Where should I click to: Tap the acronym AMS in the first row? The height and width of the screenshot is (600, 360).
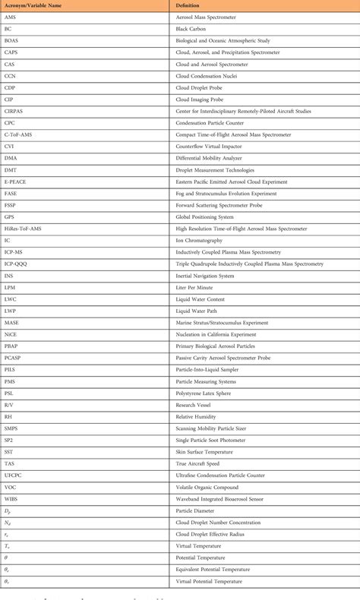tap(10, 17)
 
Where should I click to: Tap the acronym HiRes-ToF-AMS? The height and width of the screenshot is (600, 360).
tap(23, 229)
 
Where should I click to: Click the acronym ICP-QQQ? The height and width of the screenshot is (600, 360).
tap(16, 264)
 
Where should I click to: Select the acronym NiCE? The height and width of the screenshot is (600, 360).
tap(11, 334)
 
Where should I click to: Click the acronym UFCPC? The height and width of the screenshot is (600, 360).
tap(14, 475)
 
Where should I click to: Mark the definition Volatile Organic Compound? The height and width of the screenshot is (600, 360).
tap(210, 487)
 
